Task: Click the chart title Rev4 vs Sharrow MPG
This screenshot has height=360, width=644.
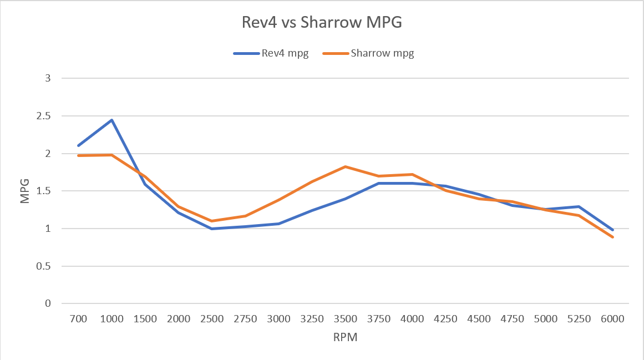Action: (x=321, y=23)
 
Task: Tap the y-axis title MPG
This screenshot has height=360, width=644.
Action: (x=25, y=191)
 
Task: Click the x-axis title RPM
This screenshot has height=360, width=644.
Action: (x=345, y=337)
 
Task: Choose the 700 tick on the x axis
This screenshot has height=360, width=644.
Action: (x=78, y=319)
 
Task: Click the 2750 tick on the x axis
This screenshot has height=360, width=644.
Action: (x=245, y=319)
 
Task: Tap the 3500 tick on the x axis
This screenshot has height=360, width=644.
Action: (x=346, y=319)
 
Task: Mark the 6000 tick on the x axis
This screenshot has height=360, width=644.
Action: (x=613, y=319)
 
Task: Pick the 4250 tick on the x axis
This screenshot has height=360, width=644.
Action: (x=445, y=319)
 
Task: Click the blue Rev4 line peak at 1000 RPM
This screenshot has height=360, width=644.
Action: (x=111, y=120)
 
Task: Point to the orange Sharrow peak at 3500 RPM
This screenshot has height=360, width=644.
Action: (x=346, y=166)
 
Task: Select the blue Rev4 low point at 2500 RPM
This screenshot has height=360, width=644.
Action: (x=212, y=229)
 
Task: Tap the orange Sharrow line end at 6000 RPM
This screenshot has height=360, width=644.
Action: (x=613, y=237)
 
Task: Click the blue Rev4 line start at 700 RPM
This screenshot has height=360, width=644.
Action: (x=78, y=146)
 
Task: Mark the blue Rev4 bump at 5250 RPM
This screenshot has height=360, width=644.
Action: (x=579, y=206)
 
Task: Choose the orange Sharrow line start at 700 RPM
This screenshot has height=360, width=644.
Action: (x=78, y=155)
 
